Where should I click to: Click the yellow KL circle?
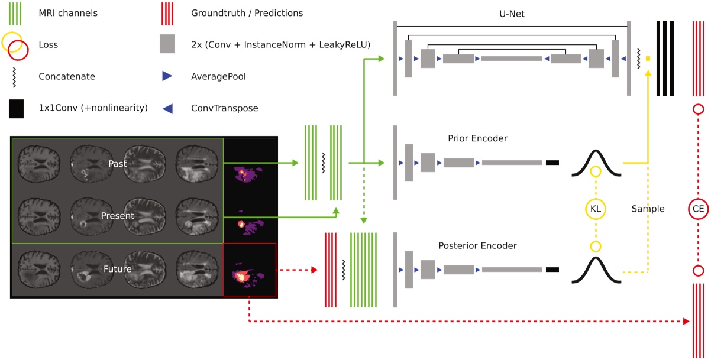[x=596, y=209]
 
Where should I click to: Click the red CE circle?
[x=698, y=209]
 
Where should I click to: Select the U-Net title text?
[x=511, y=14]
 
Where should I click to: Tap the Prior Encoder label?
[x=478, y=138]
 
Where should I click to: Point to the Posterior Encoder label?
[x=478, y=245]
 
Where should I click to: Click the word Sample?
[x=648, y=209]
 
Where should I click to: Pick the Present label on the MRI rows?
[x=118, y=216]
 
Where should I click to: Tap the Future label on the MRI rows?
[x=118, y=268]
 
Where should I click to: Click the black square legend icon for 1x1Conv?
[x=16, y=109]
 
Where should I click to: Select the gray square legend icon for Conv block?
[x=167, y=44]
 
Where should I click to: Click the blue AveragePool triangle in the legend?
[x=167, y=76]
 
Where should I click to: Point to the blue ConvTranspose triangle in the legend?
[x=167, y=108]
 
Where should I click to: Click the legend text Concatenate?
[x=66, y=76]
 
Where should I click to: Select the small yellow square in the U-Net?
[x=648, y=59]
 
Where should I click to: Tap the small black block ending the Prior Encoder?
[x=552, y=163]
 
